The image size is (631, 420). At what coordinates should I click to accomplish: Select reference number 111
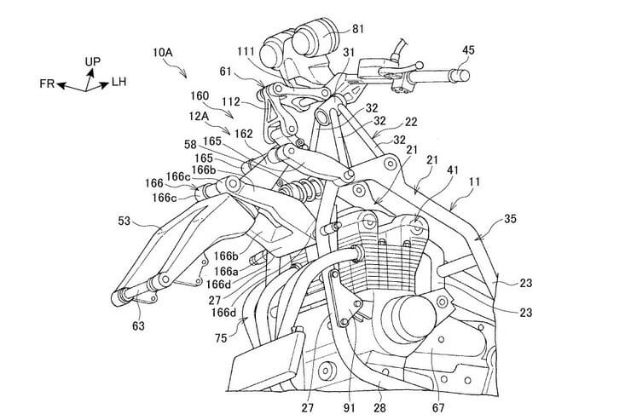click(x=245, y=54)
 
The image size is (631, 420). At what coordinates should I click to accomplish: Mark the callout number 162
click(x=244, y=134)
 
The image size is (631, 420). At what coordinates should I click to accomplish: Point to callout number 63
click(x=137, y=324)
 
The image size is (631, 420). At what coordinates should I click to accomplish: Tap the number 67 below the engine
click(x=439, y=394)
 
